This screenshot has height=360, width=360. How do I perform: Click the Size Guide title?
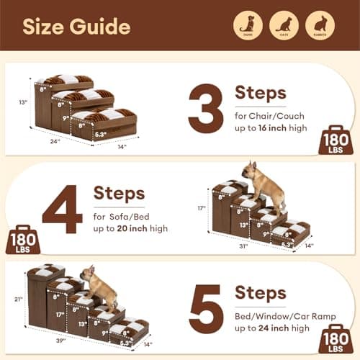tap(76, 27)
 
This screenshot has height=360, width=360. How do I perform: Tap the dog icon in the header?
tap(247, 24)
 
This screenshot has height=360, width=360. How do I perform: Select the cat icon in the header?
tap(284, 24)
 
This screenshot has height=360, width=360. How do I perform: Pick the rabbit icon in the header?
tap(320, 24)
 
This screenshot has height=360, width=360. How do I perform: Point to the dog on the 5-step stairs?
tap(99, 287)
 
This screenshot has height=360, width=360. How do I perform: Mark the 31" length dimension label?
tap(243, 246)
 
